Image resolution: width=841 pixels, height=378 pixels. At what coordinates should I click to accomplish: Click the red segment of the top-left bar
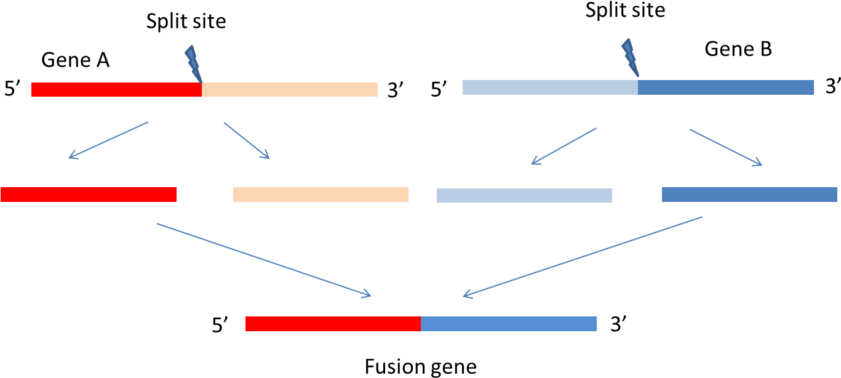pyautogui.click(x=116, y=89)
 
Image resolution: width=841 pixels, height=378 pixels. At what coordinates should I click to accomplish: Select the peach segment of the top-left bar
pyautogui.click(x=289, y=89)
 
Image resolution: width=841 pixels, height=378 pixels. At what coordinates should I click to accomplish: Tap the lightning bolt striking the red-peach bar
pyautogui.click(x=193, y=63)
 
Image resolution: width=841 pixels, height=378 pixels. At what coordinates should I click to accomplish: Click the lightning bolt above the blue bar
pyautogui.click(x=629, y=57)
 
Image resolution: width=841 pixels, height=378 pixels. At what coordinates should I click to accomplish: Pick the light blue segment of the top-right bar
pyautogui.click(x=550, y=87)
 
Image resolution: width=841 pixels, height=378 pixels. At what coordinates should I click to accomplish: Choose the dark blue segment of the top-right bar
pyautogui.click(x=726, y=87)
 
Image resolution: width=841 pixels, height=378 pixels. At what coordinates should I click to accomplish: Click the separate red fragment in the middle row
pyautogui.click(x=89, y=195)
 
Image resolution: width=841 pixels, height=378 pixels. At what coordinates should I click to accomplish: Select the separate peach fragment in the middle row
pyautogui.click(x=321, y=195)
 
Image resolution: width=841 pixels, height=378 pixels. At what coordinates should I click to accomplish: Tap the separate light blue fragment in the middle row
pyautogui.click(x=524, y=195)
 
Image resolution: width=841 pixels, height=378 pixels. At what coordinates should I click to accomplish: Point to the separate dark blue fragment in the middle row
pyautogui.click(x=749, y=195)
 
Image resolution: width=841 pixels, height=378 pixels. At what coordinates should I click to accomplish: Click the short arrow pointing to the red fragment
pyautogui.click(x=108, y=140)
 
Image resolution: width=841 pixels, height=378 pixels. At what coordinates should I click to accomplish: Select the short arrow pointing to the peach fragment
pyautogui.click(x=246, y=140)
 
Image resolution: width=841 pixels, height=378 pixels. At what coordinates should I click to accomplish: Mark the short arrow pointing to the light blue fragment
pyautogui.click(x=564, y=147)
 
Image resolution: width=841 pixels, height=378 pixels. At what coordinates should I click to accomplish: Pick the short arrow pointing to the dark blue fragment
pyautogui.click(x=726, y=148)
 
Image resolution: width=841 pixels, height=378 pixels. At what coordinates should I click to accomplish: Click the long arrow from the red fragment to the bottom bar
pyautogui.click(x=263, y=260)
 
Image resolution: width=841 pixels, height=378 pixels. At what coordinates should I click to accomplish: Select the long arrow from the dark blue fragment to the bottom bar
pyautogui.click(x=583, y=257)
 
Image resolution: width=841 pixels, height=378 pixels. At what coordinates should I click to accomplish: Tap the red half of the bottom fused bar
pyautogui.click(x=333, y=324)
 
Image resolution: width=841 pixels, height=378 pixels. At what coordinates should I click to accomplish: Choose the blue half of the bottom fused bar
pyautogui.click(x=509, y=324)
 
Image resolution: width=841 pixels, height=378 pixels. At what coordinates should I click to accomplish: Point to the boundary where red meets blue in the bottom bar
pyautogui.click(x=421, y=324)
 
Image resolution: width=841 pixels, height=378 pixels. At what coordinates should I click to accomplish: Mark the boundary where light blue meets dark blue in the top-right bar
pyautogui.click(x=638, y=87)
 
